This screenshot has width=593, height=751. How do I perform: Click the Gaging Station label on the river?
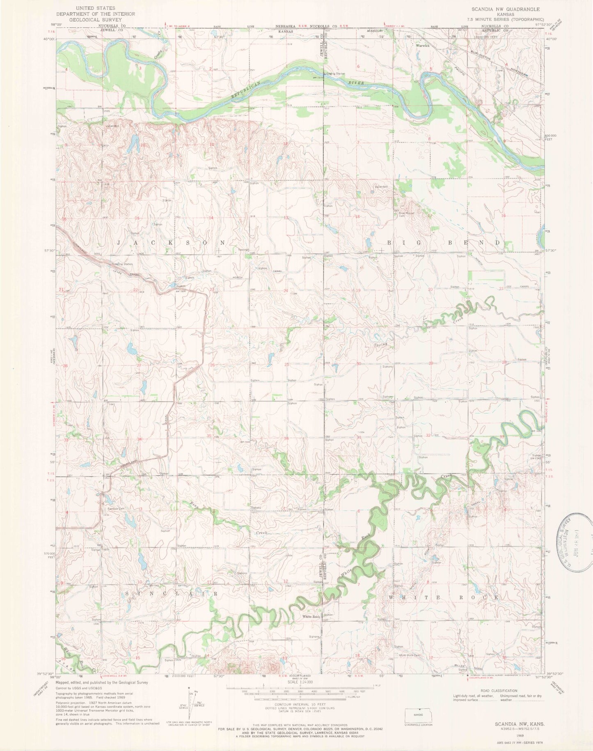coord(335,74)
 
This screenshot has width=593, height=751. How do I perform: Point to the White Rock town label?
coord(311,617)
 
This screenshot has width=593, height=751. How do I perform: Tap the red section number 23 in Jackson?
coord(212,290)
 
